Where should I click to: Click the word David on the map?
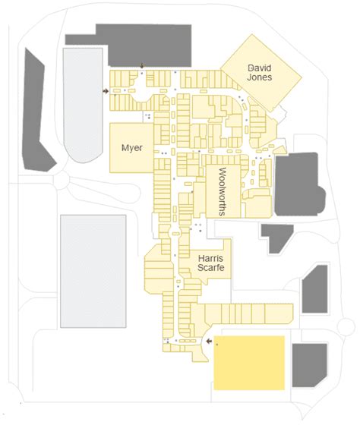[x=260, y=68]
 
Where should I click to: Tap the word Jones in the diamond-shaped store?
[x=259, y=77]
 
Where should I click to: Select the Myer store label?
[x=132, y=148]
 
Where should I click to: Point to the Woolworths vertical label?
[x=223, y=191]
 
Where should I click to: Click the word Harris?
[x=210, y=258]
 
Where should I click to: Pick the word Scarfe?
[x=211, y=267]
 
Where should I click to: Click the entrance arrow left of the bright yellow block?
[x=209, y=342]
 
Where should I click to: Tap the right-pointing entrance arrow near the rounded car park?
[x=106, y=91]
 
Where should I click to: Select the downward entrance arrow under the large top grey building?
[x=142, y=65]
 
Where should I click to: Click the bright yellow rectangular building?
[x=249, y=363]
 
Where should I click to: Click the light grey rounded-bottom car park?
[x=83, y=105]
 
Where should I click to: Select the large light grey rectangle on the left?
[x=93, y=271]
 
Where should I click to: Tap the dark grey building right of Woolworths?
[x=299, y=184]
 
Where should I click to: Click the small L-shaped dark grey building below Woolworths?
[x=276, y=236]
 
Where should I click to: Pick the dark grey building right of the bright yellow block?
[x=310, y=365]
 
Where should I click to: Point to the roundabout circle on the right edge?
[x=346, y=326]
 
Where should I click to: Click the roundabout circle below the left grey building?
[x=62, y=179]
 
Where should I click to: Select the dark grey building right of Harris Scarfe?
[x=315, y=289]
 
